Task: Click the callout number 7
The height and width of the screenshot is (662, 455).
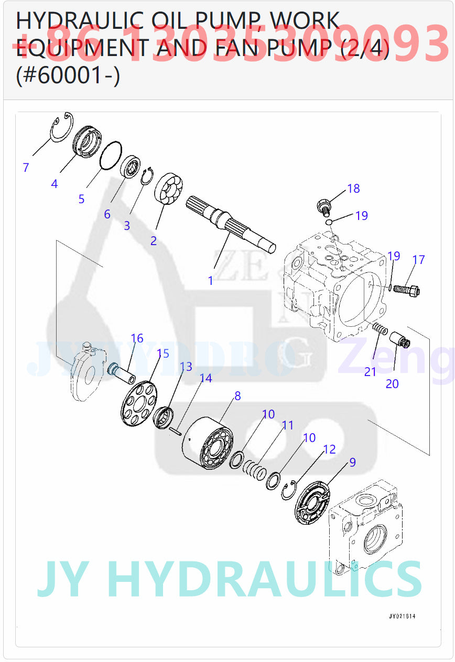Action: click(26, 168)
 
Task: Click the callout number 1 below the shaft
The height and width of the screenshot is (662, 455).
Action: click(210, 280)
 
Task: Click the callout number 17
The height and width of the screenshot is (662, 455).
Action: click(418, 259)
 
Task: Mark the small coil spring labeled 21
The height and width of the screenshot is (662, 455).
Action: click(381, 329)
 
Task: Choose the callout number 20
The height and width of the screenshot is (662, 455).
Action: click(392, 384)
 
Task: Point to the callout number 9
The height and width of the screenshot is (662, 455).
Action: click(352, 462)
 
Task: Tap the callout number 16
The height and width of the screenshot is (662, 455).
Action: click(137, 338)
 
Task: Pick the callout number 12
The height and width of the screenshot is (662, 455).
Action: click(329, 449)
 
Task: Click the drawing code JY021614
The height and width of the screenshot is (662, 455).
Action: click(402, 616)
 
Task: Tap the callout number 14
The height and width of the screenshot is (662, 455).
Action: click(205, 378)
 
